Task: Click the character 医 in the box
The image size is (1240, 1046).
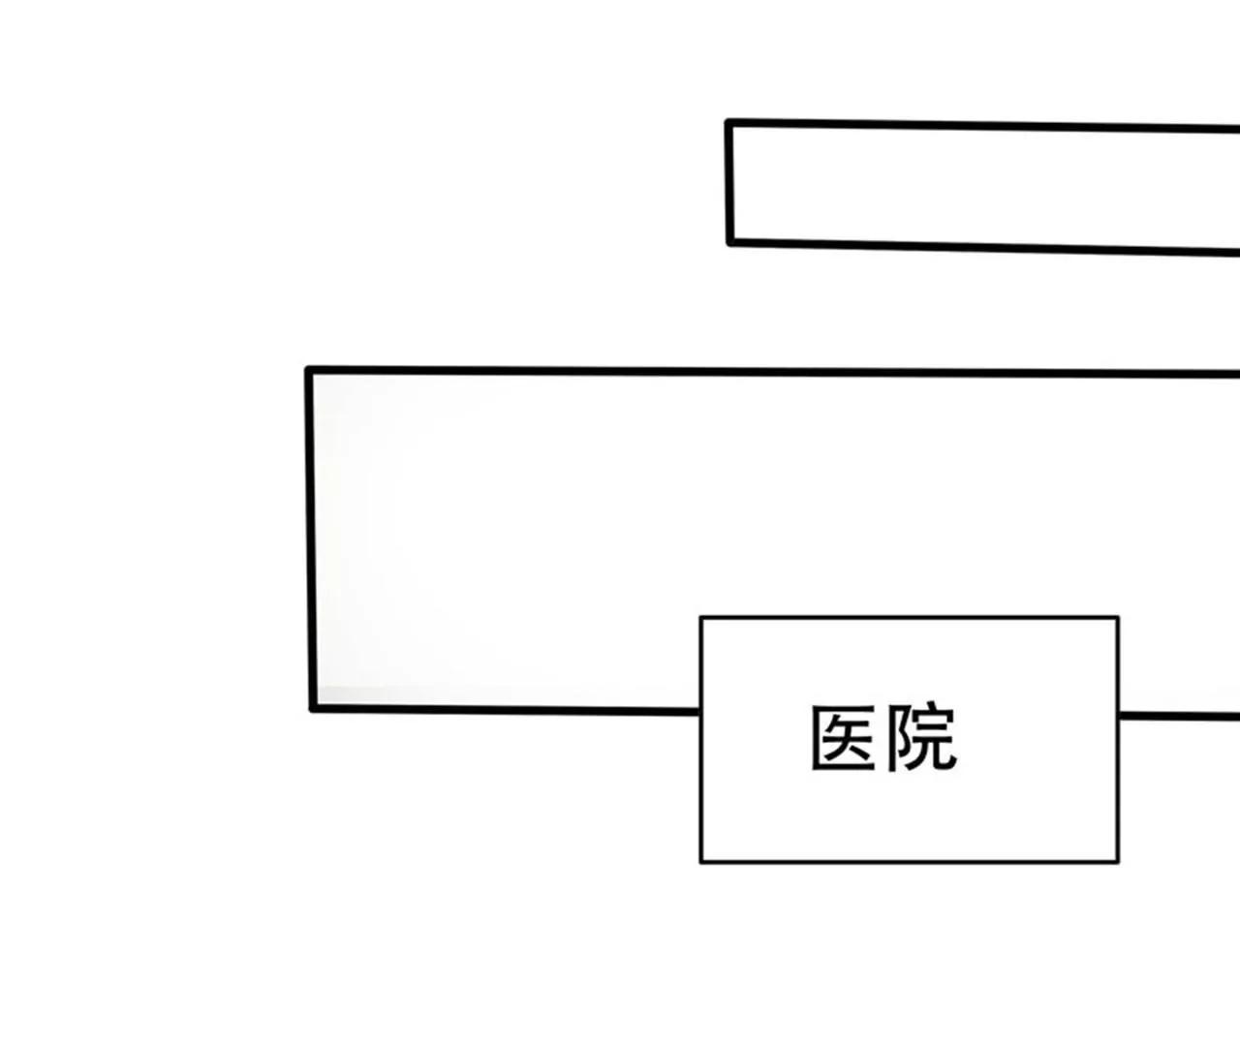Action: [843, 738]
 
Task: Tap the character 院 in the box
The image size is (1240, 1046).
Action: [921, 738]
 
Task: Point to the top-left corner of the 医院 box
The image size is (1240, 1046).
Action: [701, 618]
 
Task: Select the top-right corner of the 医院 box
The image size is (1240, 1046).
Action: [1118, 618]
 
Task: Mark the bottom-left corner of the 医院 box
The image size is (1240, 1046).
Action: [701, 861]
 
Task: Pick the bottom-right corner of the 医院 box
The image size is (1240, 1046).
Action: [1118, 861]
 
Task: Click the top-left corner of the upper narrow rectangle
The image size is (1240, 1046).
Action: [728, 123]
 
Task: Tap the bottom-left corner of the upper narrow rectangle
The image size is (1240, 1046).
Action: [730, 241]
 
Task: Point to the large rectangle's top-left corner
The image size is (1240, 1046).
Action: [309, 370]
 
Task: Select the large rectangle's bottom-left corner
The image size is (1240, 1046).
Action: [313, 708]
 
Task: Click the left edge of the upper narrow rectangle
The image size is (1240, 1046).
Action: [729, 182]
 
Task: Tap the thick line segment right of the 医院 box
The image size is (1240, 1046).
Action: [1179, 716]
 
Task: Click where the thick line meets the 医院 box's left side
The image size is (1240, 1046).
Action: [700, 711]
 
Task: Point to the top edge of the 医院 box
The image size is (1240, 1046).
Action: [910, 618]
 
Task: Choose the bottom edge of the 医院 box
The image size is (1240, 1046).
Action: [910, 861]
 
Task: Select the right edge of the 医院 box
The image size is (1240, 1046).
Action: [1118, 740]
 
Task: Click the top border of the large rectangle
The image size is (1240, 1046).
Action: [774, 372]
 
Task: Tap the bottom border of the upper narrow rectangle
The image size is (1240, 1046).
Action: [985, 248]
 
